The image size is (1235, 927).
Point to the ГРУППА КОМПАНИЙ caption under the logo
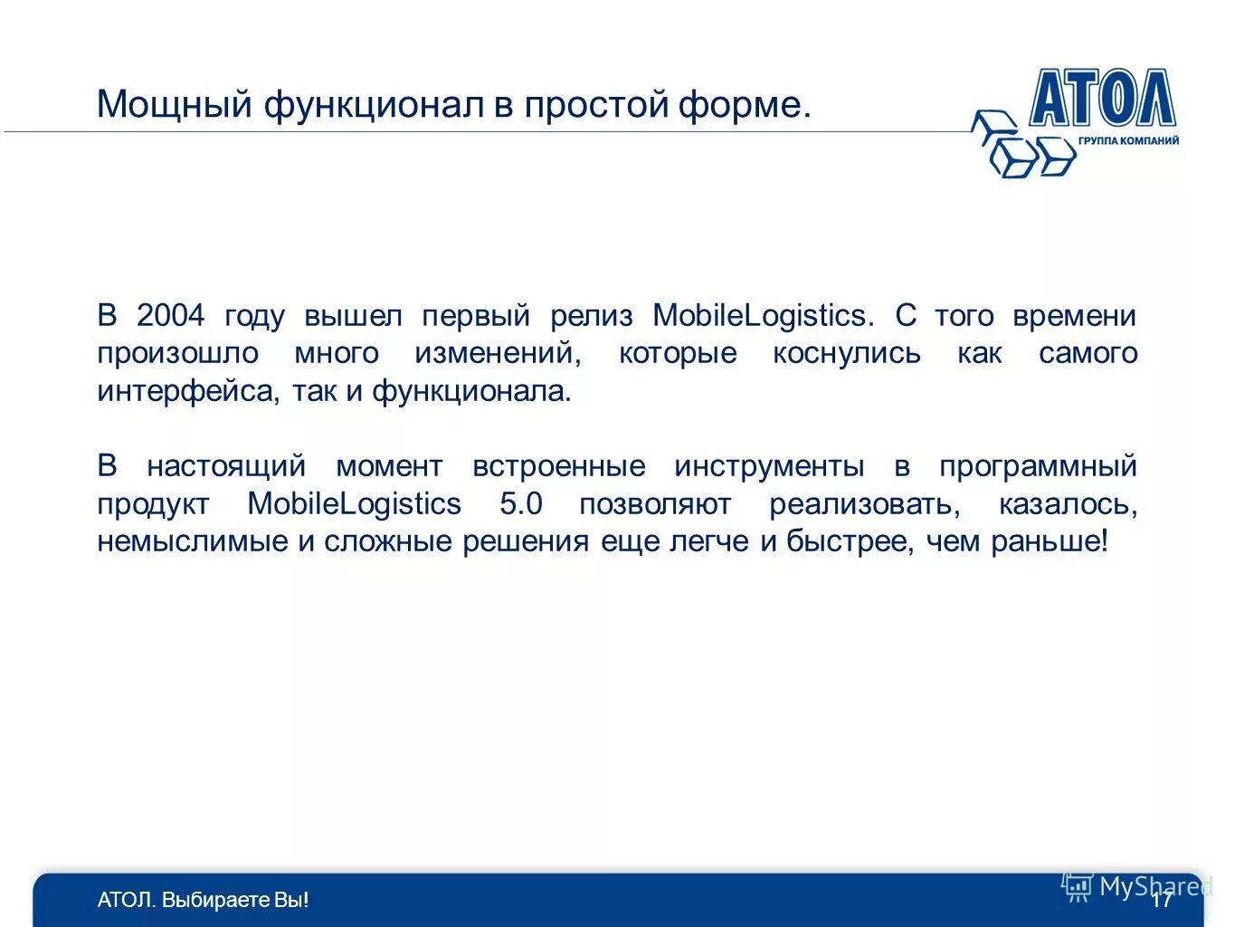[x=1128, y=141]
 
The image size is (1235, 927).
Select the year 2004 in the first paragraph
[x=171, y=316]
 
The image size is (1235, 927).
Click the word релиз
[x=591, y=316]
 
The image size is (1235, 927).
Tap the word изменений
[x=498, y=353]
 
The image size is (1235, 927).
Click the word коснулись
[x=846, y=353]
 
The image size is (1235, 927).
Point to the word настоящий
[x=226, y=466]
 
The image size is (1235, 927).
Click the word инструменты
[x=769, y=466]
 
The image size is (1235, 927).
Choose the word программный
[x=1037, y=466]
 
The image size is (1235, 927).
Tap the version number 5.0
[x=520, y=504]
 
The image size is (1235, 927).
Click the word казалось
[x=1068, y=504]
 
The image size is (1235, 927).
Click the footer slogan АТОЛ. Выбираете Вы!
[x=203, y=900]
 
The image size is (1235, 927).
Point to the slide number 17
[x=1162, y=900]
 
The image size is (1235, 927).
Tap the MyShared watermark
[x=1136, y=886]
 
